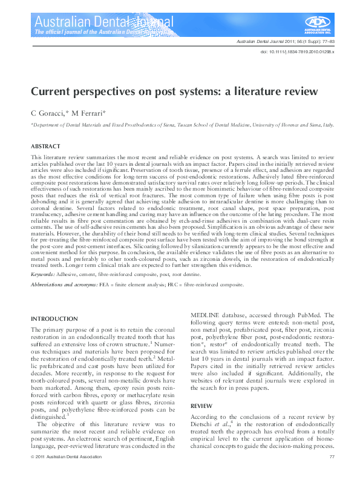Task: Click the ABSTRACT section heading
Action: pyautogui.click(x=45, y=146)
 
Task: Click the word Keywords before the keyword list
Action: pyautogui.click(x=43, y=274)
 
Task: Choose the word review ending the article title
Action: pyautogui.click(x=300, y=92)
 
